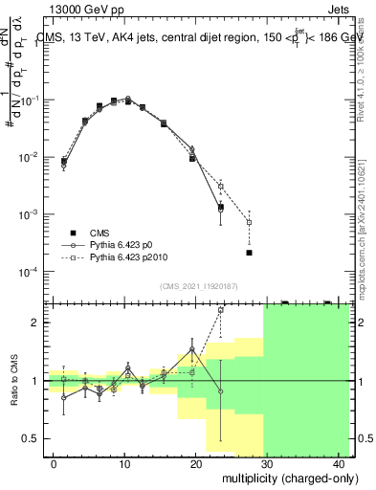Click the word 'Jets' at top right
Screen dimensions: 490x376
click(341, 9)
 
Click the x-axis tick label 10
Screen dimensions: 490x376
click(124, 463)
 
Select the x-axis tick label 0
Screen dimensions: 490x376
click(54, 463)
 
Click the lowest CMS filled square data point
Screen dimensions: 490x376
click(249, 253)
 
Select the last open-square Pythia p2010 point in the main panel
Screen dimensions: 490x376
click(249, 222)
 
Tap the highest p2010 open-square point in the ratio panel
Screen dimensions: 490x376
click(221, 310)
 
